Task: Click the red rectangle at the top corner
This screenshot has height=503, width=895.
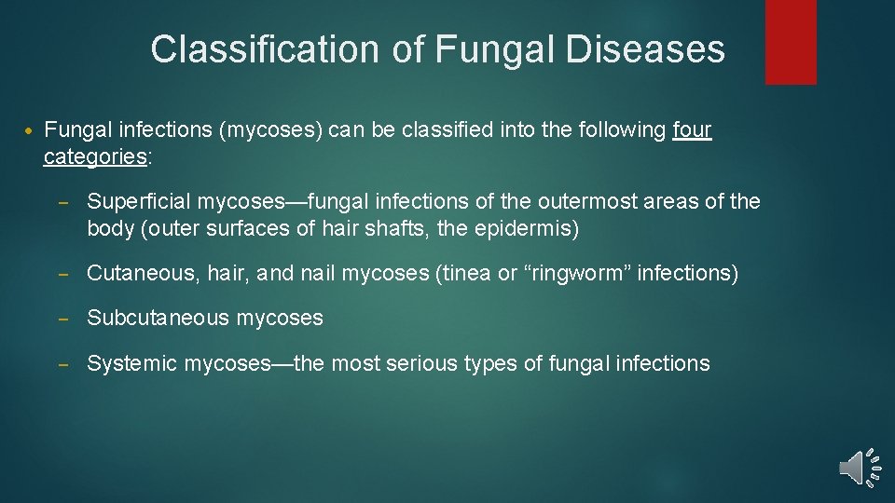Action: click(x=791, y=42)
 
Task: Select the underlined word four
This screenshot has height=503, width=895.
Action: click(x=692, y=130)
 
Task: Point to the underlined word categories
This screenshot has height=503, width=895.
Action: click(x=94, y=156)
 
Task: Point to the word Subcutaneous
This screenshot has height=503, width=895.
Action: click(x=158, y=319)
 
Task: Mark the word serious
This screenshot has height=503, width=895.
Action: click(x=421, y=363)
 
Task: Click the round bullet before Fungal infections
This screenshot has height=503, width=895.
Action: click(x=29, y=131)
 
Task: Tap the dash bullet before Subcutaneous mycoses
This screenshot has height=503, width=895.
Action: click(x=65, y=319)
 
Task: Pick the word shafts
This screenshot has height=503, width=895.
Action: click(x=379, y=227)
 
